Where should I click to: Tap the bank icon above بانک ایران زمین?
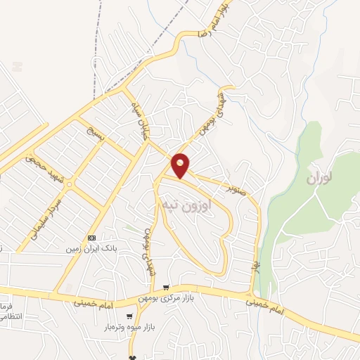91,237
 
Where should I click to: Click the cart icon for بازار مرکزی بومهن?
166,287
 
